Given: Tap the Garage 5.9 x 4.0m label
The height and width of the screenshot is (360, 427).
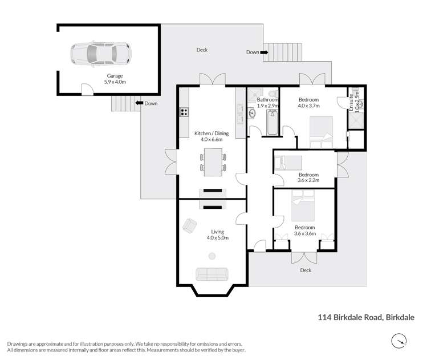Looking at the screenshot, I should pos(115,79).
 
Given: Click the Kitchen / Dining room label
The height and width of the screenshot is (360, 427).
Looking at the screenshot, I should pos(211,136).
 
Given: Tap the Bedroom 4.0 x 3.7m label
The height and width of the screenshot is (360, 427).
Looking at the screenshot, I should pos(308,103).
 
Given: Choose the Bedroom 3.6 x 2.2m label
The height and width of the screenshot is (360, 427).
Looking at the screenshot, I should pos(308,177).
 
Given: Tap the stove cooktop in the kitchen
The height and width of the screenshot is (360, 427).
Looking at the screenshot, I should pos(184,112).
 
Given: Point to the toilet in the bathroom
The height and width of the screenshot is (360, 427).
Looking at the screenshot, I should pos(273,94).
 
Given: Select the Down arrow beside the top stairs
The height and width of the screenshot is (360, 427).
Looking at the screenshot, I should pos(265,52).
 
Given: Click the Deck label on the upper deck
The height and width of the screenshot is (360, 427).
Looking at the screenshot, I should pos(202,50).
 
